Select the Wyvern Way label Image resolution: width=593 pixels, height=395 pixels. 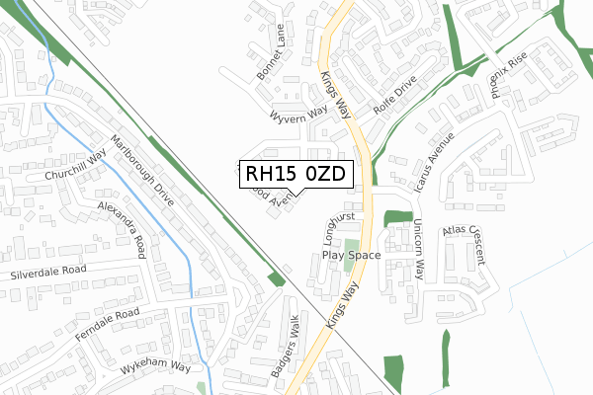[297, 114]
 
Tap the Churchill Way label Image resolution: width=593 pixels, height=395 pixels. [74, 166]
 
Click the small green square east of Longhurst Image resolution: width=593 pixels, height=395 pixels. [397, 217]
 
